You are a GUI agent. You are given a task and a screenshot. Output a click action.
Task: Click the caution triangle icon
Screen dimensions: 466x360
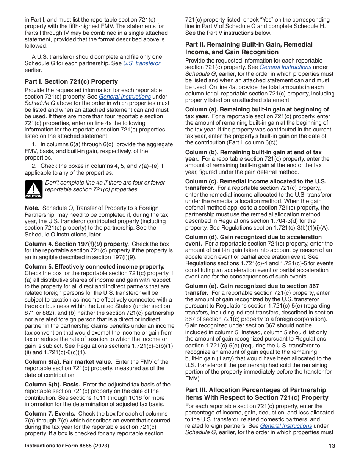(x=33, y=189)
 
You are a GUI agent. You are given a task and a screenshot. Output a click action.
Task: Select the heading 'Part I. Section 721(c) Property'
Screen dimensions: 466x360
(x=71, y=81)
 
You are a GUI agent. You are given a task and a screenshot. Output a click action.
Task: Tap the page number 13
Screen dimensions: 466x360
(x=332, y=446)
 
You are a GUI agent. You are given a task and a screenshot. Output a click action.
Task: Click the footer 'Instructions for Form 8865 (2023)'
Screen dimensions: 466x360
(x=67, y=446)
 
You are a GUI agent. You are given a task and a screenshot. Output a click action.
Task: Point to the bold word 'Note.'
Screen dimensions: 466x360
(x=32, y=208)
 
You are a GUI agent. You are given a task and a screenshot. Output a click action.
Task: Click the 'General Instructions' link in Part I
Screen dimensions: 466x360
(x=125, y=97)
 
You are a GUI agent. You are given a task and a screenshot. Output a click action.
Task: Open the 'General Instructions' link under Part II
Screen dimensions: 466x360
(x=285, y=67)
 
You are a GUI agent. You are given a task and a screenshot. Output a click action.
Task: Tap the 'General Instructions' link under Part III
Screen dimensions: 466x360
(x=286, y=426)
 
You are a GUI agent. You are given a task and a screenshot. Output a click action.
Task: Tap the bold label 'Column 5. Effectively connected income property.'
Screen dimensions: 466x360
(x=94, y=267)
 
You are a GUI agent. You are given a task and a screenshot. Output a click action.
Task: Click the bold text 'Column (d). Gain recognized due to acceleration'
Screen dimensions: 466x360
(x=254, y=237)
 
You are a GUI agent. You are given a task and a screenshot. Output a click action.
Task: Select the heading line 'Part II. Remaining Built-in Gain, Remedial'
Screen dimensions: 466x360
(x=249, y=45)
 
